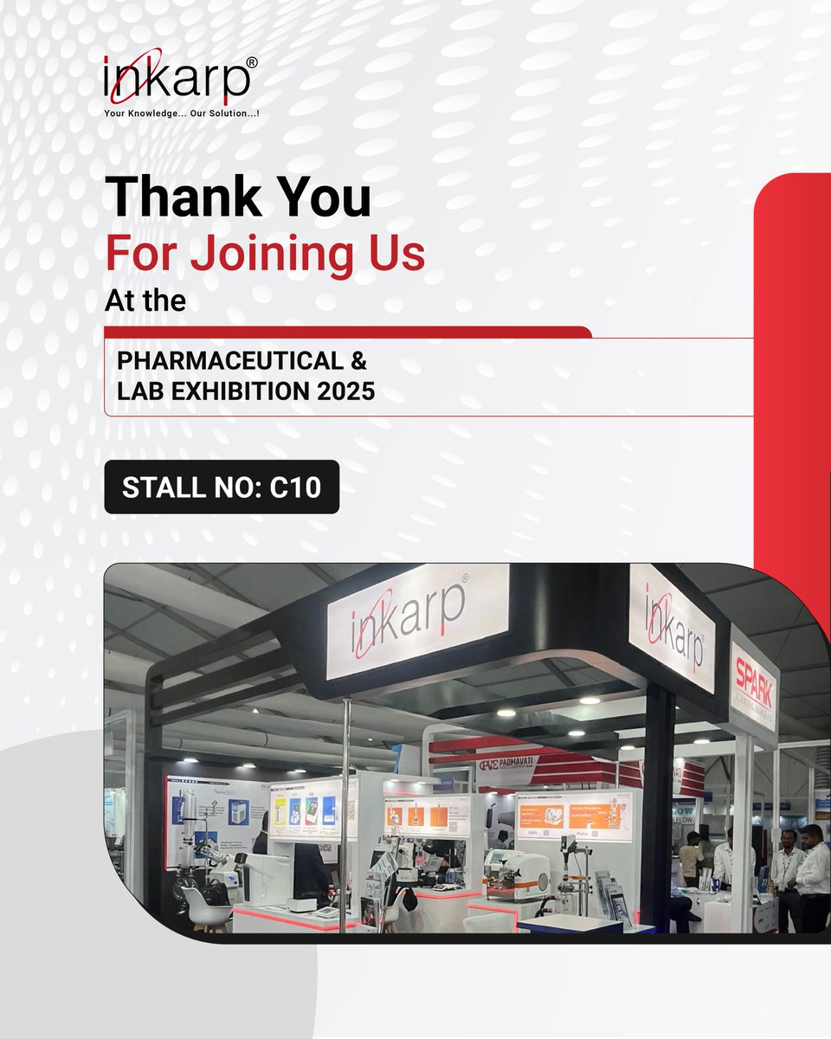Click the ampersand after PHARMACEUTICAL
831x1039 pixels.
pyautogui.click(x=360, y=359)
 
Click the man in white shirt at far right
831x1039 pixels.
pyautogui.click(x=812, y=874)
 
